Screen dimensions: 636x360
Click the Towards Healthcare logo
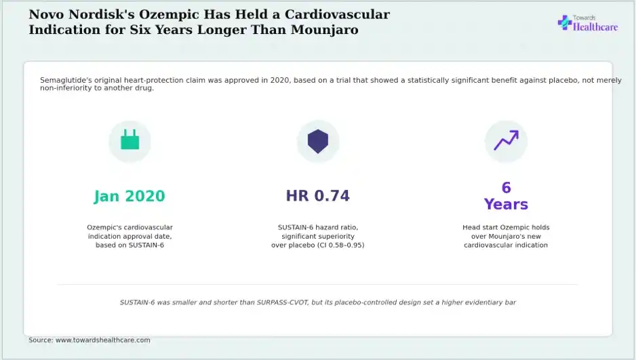pyautogui.click(x=588, y=23)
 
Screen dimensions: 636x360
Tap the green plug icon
pyautogui.click(x=130, y=140)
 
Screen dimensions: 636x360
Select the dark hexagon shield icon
pyautogui.click(x=318, y=142)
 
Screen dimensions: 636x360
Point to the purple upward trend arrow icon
pyautogui.click(x=506, y=140)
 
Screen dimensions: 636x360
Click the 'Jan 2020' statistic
pyautogui.click(x=130, y=196)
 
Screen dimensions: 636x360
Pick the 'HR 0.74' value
pyautogui.click(x=318, y=196)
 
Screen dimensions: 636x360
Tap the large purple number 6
pyautogui.click(x=506, y=188)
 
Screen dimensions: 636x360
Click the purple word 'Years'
pyautogui.click(x=506, y=204)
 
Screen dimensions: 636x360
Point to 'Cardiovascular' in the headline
pyautogui.click(x=337, y=14)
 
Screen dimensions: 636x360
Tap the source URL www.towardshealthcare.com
pyautogui.click(x=102, y=340)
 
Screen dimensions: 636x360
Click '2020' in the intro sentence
pyautogui.click(x=280, y=80)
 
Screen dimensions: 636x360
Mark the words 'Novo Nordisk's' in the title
pyautogui.click(x=82, y=14)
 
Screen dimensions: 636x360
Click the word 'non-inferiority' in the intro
pyautogui.click(x=66, y=88)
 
